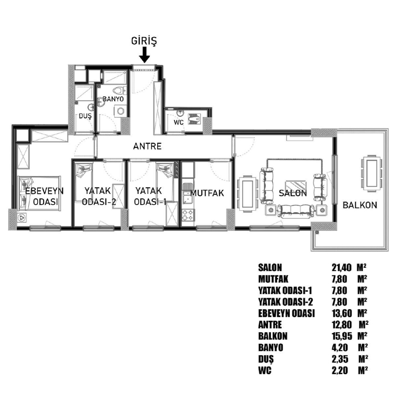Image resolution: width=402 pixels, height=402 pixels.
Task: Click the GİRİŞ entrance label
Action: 144,41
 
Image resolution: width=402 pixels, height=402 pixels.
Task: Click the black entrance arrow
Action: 145,55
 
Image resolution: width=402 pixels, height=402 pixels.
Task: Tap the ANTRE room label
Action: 148,146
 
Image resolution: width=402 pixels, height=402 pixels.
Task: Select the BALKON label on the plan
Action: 360,205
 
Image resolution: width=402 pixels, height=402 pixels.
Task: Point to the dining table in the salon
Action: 248,194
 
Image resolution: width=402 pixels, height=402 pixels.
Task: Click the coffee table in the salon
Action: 296,185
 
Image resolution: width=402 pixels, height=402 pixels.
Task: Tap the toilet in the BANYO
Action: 118,90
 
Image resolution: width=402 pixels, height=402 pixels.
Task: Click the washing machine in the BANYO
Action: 119,111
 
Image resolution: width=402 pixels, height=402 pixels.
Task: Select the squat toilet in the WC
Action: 195,119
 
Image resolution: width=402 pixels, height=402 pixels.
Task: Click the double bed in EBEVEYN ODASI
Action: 39,194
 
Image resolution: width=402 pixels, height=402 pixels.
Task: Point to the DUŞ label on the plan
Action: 85,117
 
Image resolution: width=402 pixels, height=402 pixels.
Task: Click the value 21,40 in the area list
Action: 341,268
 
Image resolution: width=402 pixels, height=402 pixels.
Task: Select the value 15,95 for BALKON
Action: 342,336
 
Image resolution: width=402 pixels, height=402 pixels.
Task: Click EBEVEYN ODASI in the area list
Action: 286,313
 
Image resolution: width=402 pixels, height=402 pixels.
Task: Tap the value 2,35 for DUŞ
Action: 340,359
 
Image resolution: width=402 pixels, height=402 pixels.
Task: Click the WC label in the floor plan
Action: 179,123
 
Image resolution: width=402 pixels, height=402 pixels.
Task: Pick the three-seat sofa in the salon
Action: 296,211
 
